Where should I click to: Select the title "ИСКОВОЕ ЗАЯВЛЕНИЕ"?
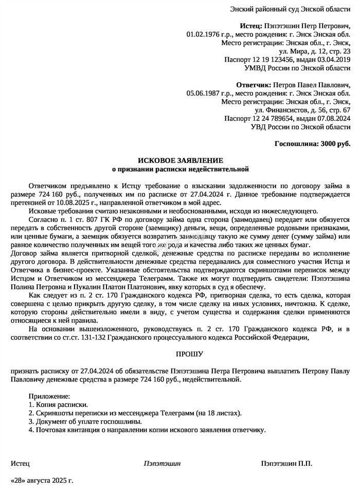[x=180, y=160]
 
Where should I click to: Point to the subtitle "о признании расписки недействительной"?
[x=180, y=169]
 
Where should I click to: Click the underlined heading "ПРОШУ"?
[x=180, y=354]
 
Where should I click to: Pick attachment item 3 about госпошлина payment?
[x=85, y=421]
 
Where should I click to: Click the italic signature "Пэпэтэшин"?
[x=162, y=463]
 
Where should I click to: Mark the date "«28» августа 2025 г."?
[x=42, y=480]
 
